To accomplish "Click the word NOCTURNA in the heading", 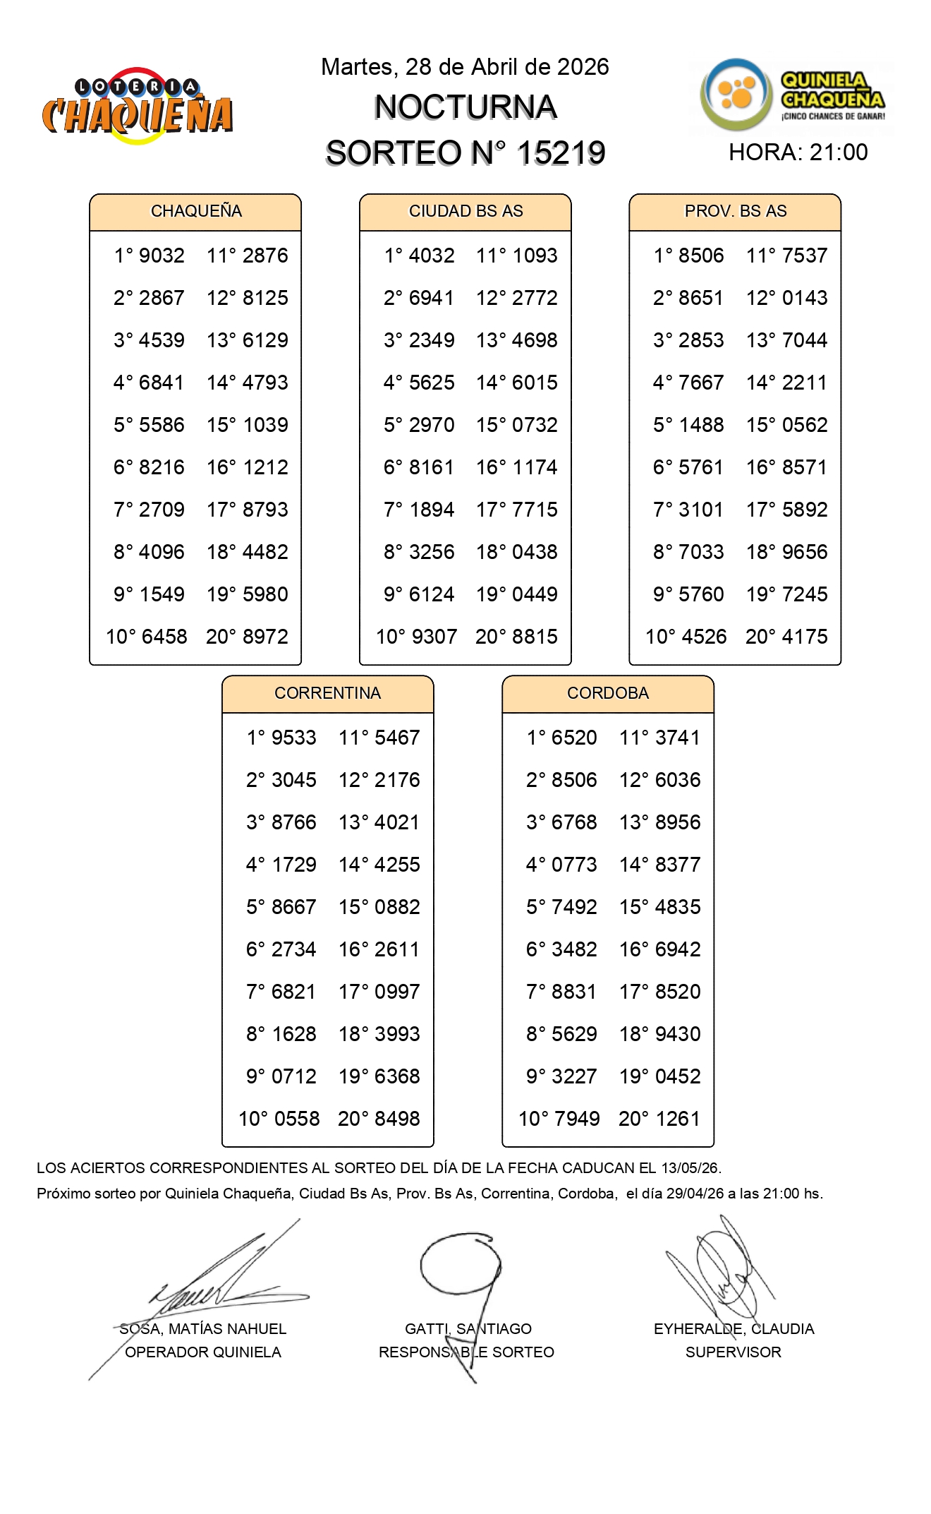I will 465,107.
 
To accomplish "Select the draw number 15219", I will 561,153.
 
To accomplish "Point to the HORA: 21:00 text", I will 798,152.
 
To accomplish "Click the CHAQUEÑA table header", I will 195,211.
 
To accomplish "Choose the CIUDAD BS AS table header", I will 465,211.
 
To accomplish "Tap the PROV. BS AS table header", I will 735,211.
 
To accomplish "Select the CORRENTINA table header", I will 327,693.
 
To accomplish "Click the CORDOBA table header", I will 607,693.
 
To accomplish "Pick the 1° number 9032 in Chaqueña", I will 162,256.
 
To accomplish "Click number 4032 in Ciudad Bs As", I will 432,256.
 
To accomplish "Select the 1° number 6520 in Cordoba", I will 574,738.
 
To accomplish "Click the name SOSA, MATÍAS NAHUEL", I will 203,1329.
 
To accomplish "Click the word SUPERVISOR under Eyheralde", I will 733,1352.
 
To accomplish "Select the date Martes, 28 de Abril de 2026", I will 465,67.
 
